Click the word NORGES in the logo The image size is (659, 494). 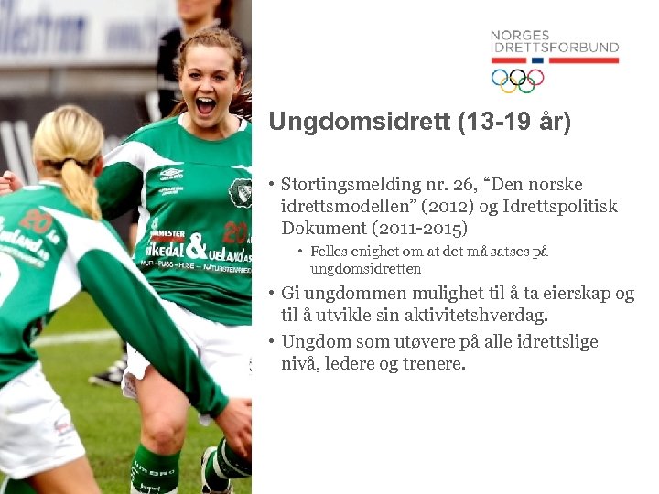(x=519, y=36)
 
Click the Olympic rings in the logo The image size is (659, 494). (x=517, y=81)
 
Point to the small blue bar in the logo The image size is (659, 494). (x=537, y=60)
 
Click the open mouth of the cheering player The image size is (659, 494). (x=206, y=106)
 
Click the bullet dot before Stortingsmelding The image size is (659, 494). (x=273, y=185)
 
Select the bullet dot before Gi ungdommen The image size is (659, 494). (x=273, y=294)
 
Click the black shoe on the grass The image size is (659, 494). (x=111, y=372)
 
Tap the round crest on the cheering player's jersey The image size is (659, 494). (x=240, y=192)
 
